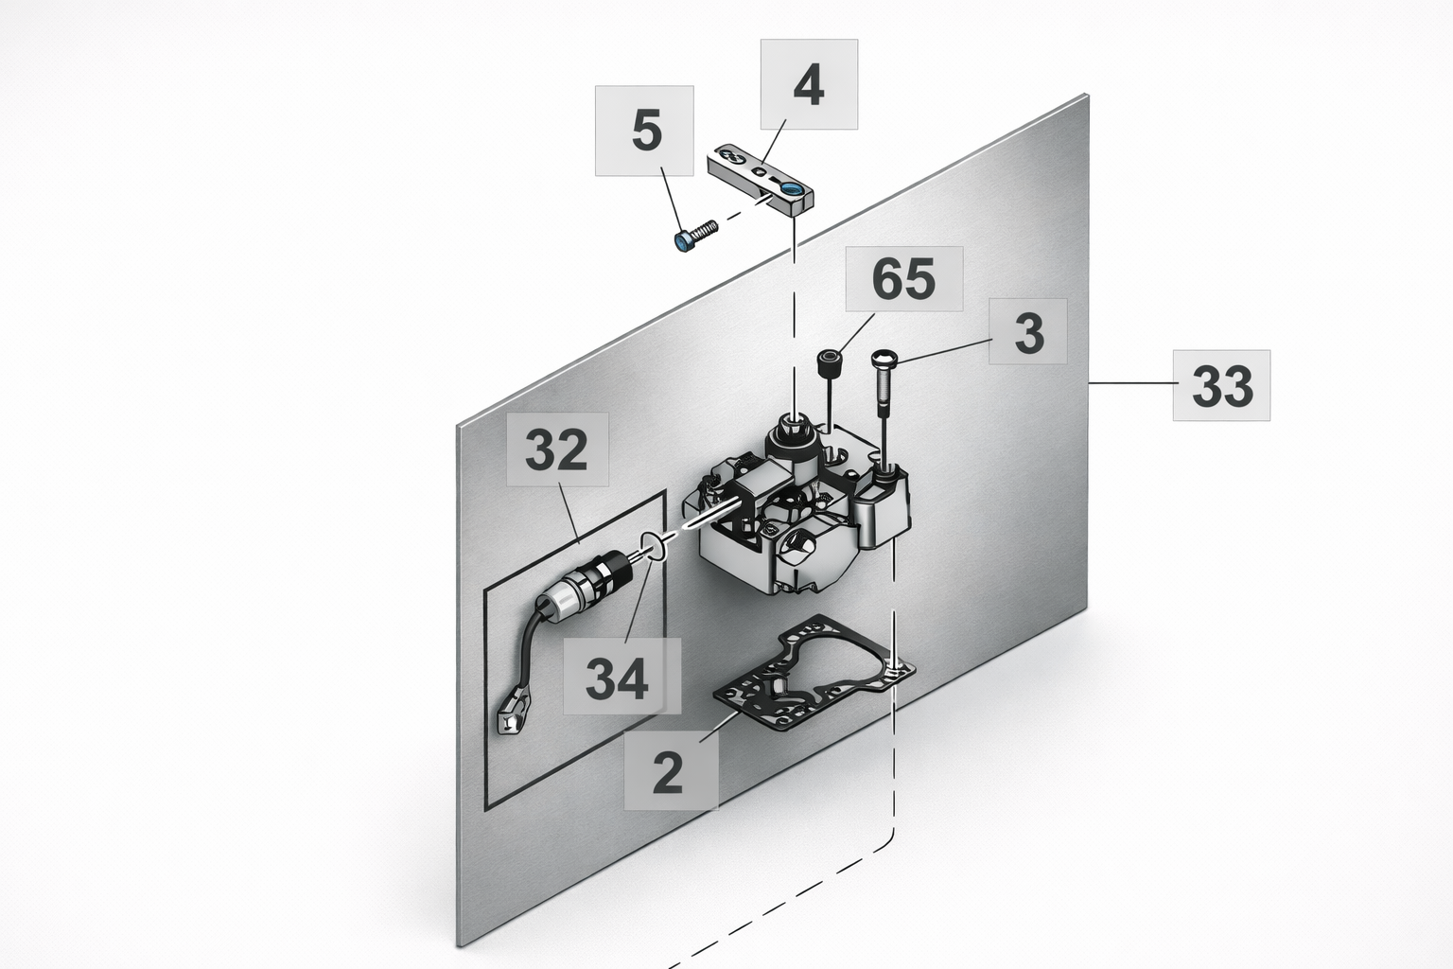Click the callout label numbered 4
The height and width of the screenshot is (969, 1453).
(809, 84)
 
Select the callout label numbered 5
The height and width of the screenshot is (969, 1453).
(645, 131)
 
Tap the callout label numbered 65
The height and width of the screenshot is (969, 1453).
(904, 279)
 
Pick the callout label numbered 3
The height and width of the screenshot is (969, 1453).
(1028, 331)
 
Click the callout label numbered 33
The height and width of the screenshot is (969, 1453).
(1221, 385)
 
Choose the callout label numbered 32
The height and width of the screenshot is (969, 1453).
(557, 449)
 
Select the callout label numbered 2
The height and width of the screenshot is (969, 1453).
(670, 770)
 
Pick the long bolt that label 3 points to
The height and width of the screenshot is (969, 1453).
(883, 383)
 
